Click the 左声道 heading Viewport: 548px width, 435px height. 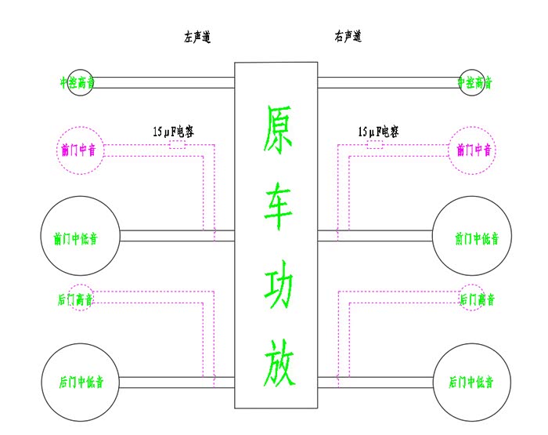point(197,37)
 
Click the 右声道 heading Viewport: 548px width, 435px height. point(347,37)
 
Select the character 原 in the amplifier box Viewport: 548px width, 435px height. point(276,129)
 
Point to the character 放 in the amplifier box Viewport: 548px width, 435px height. point(276,364)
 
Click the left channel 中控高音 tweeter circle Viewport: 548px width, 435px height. point(80,82)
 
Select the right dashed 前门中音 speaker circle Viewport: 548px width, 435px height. point(473,150)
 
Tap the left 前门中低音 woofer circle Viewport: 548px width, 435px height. point(80,237)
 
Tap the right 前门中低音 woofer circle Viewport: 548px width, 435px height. point(472,237)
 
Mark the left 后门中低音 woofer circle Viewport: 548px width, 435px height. point(80,382)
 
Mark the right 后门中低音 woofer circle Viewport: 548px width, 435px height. point(472,382)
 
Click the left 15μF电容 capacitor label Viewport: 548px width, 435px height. point(174,132)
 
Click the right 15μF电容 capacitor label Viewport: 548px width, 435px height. point(378,132)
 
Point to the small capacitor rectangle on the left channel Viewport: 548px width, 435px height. point(177,145)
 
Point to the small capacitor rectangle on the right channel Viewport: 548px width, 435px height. point(375,145)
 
